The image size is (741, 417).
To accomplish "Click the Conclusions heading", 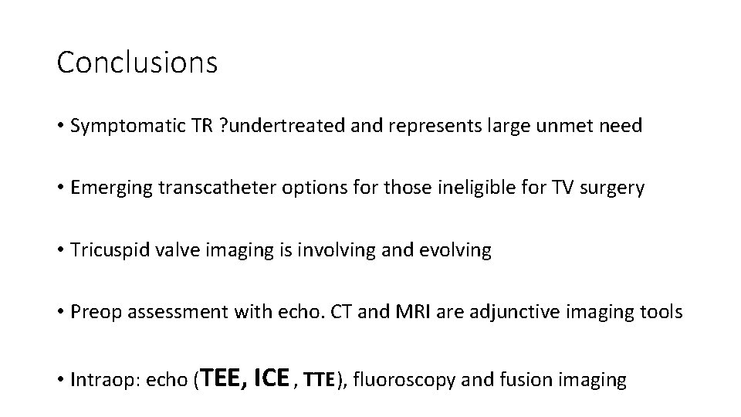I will coord(137,63).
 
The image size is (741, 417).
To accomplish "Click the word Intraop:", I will coord(100,381).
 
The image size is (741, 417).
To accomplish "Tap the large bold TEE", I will coord(226,378).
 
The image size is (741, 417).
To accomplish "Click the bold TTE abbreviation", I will coord(320,381).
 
